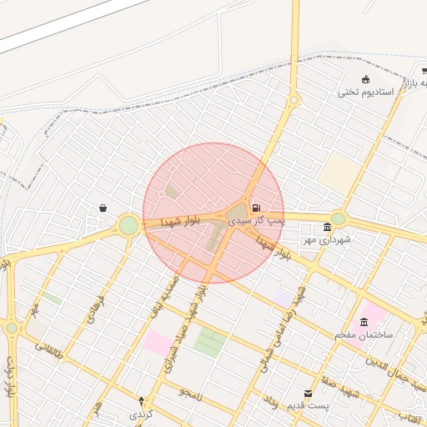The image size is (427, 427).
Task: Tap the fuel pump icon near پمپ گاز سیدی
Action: coord(255,207)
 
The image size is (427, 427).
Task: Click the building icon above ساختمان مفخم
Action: coord(363,323)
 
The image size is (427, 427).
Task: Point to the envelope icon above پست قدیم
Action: coord(309,393)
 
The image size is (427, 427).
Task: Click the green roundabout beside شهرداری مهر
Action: coord(338,219)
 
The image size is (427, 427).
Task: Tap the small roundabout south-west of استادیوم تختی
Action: coord(294,101)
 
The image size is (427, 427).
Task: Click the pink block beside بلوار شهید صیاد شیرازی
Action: coord(156,342)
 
